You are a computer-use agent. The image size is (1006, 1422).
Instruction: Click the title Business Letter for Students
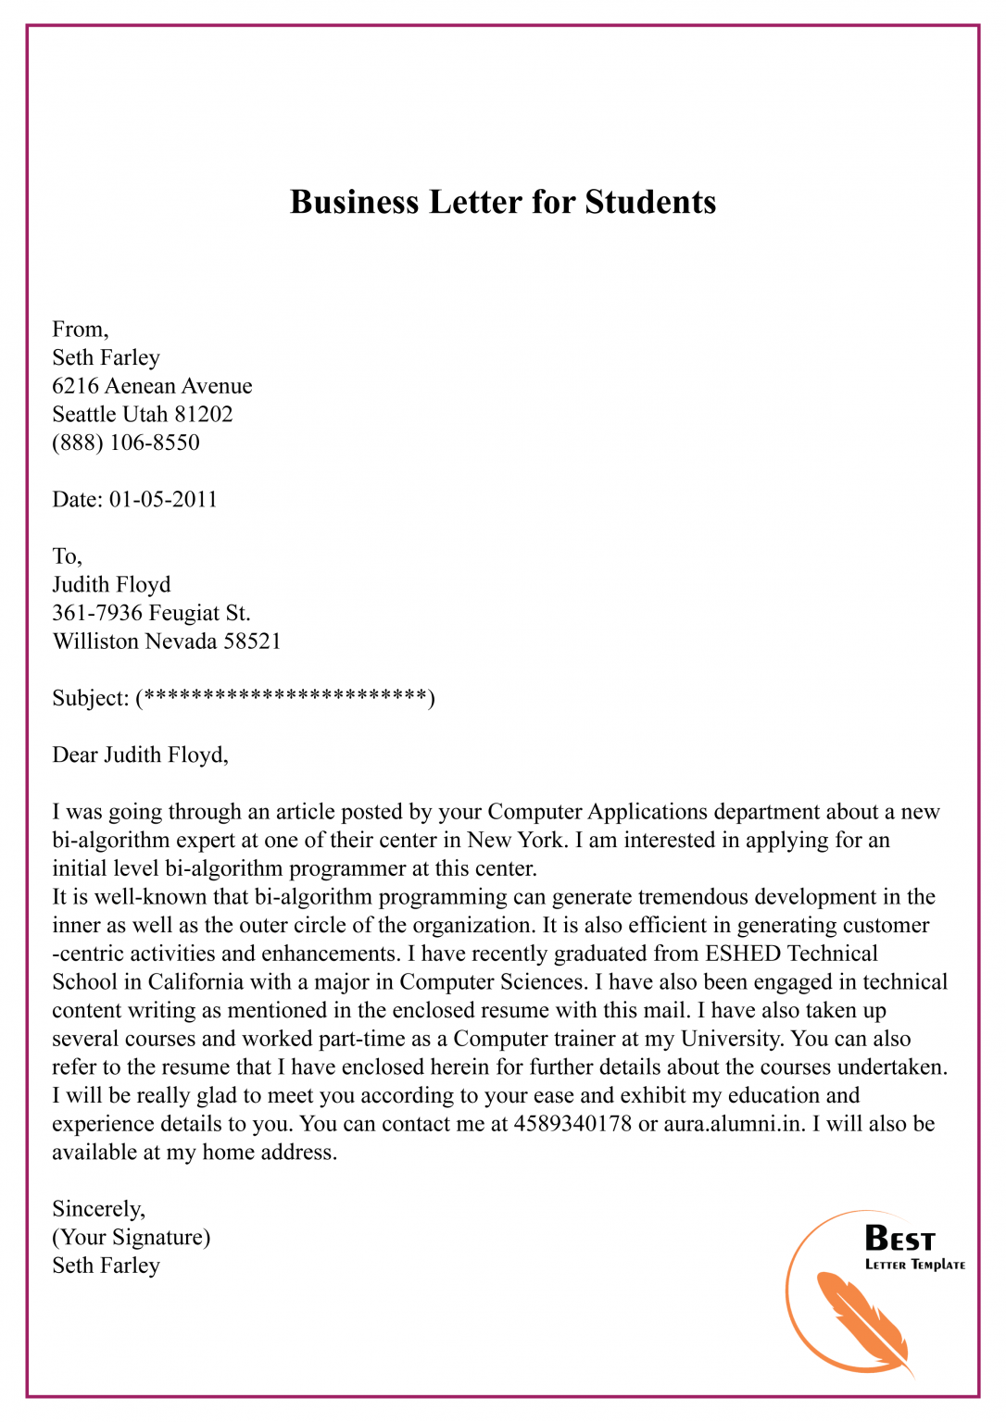pyautogui.click(x=503, y=202)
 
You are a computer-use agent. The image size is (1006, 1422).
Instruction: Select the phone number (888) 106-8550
pyautogui.click(x=126, y=443)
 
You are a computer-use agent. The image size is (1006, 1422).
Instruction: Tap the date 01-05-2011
pyautogui.click(x=163, y=499)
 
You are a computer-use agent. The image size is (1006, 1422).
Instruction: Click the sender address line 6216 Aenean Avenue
pyautogui.click(x=152, y=386)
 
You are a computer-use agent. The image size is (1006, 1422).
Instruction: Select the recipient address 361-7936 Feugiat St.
pyautogui.click(x=151, y=613)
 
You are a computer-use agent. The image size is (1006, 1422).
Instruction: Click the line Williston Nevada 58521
pyautogui.click(x=167, y=642)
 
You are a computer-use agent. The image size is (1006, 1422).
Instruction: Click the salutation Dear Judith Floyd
pyautogui.click(x=140, y=755)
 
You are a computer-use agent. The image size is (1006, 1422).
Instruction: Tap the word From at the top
pyautogui.click(x=80, y=330)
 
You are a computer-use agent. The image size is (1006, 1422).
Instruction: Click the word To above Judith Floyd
pyautogui.click(x=67, y=556)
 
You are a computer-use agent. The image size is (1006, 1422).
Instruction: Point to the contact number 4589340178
pyautogui.click(x=572, y=1124)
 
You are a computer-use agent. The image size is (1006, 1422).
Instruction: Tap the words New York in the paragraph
pyautogui.click(x=515, y=840)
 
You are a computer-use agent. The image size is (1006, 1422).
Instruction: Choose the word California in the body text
pyautogui.click(x=207, y=982)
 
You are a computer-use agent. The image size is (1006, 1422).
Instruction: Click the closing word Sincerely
pyautogui.click(x=98, y=1209)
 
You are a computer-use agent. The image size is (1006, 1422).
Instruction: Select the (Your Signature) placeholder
pyautogui.click(x=132, y=1237)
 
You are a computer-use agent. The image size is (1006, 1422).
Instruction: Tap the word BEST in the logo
pyautogui.click(x=899, y=1239)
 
